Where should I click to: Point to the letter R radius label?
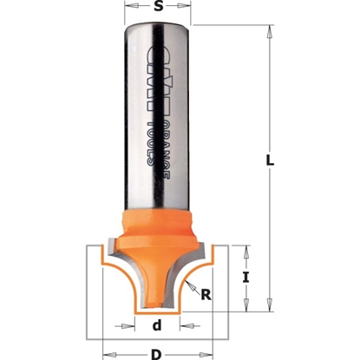coord(206,294)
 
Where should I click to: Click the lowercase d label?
coord(157,327)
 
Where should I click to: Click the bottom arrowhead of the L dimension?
coord(270,304)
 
